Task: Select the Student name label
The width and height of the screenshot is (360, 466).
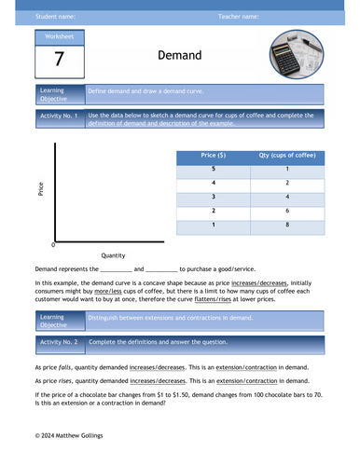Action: tap(56, 17)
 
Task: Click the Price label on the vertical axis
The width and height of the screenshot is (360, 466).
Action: tap(39, 187)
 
